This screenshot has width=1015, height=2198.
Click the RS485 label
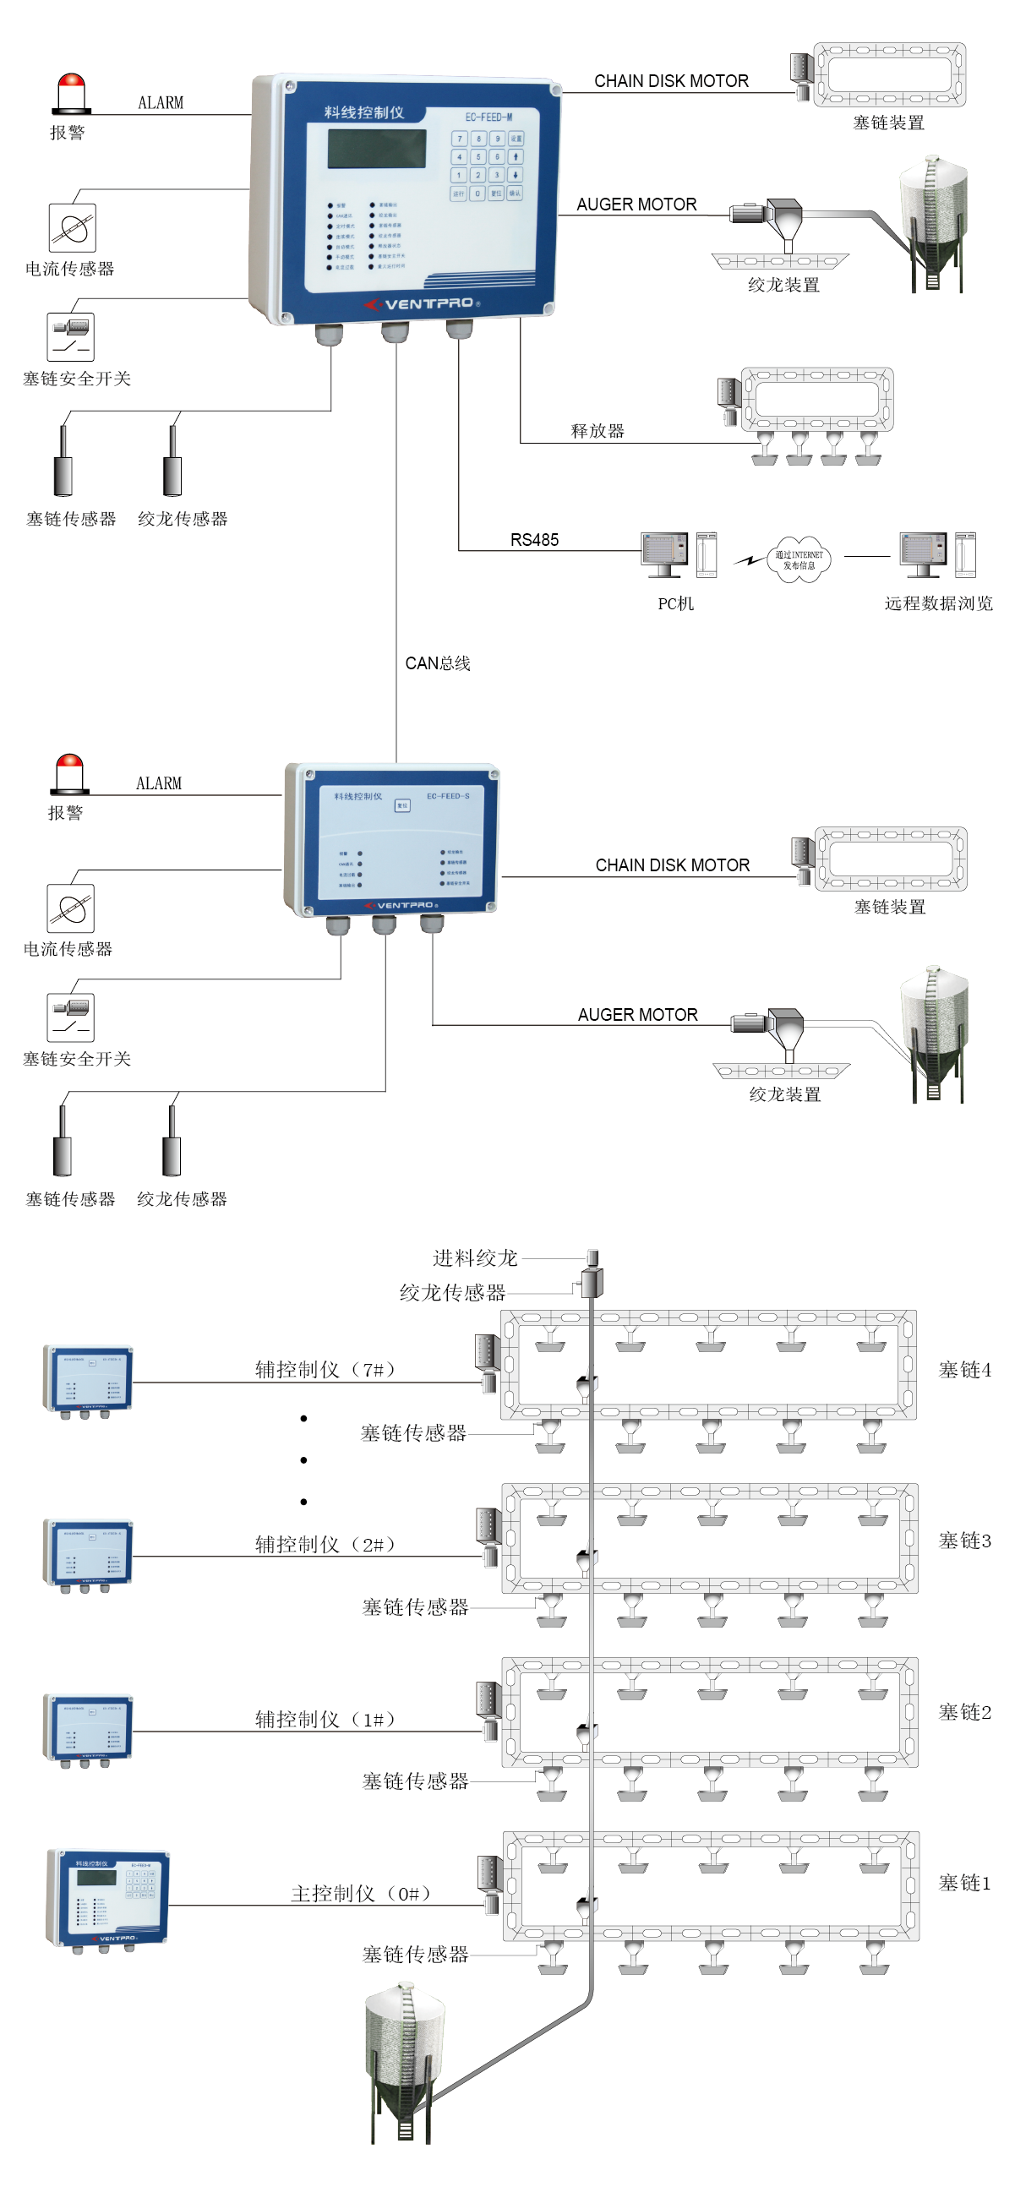[x=534, y=540]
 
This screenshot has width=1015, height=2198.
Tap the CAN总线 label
[x=437, y=663]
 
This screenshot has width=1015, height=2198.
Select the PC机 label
[x=675, y=604]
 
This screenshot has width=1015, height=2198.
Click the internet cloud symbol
[x=798, y=559]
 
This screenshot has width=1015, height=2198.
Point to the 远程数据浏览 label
[x=938, y=603]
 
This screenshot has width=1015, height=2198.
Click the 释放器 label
[x=598, y=431]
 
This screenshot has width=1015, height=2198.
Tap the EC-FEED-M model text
[x=489, y=117]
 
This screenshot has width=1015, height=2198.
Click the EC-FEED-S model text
[x=448, y=796]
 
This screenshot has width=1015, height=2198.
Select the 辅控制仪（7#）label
[x=325, y=1370]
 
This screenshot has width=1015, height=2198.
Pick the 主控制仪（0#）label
[x=360, y=1894]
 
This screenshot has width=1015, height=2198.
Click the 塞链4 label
[x=964, y=1370]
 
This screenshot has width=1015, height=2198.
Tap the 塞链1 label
[x=964, y=1883]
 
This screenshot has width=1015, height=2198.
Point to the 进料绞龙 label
[x=475, y=1257]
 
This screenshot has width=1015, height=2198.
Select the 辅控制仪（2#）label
[x=325, y=1545]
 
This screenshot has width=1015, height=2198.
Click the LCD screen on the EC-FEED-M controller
[x=376, y=149]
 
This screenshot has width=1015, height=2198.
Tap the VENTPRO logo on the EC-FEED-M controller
[x=423, y=303]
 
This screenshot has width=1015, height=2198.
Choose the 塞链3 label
[x=964, y=1541]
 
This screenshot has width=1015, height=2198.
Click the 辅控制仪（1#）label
[x=325, y=1720]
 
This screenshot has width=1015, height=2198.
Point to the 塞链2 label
[x=964, y=1711]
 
